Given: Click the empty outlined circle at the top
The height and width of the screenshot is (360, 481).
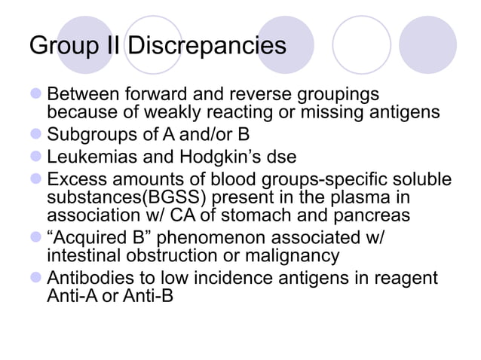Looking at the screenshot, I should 360,44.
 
